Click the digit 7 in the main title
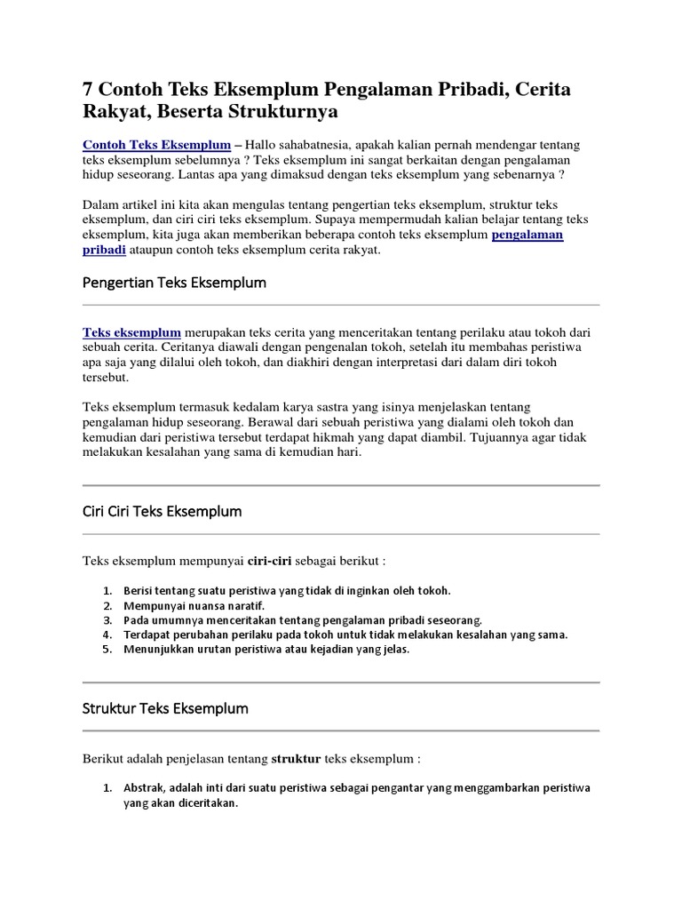89,90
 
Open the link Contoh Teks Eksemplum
156,144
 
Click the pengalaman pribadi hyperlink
527,235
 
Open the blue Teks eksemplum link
132,331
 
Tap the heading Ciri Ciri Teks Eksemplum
162,512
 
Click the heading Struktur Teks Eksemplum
165,708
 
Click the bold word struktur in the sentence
296,759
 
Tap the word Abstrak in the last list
143,787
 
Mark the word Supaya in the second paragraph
335,219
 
